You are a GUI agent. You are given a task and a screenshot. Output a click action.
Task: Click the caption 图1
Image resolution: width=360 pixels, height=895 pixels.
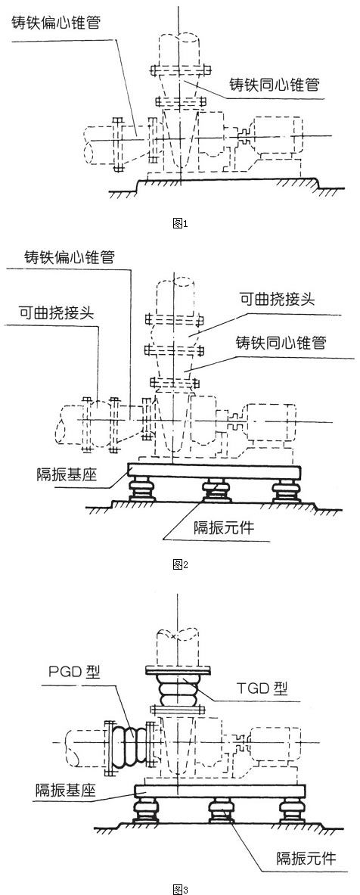180,224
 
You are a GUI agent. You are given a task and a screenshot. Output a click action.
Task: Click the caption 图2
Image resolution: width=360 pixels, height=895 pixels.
180,564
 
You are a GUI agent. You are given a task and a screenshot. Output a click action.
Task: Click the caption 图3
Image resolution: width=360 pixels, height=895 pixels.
180,889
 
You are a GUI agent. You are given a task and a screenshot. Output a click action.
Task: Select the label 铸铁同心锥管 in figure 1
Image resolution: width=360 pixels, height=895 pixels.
274,85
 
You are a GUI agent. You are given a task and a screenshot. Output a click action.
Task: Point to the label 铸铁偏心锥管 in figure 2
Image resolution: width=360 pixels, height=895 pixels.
69,257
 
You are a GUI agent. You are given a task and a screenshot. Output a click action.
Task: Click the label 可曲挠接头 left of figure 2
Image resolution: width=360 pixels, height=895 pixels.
57,312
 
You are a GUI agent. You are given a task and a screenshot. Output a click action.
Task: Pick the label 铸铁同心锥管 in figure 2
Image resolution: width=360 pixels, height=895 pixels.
281,343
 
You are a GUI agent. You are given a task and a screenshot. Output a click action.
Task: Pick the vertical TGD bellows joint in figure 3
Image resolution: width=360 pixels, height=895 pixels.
178,690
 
